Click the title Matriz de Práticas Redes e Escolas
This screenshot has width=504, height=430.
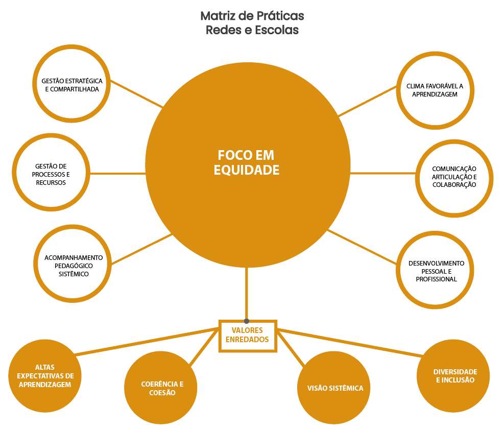point(252,23)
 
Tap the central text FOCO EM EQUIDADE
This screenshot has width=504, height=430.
point(247,162)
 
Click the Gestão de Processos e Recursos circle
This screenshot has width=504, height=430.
point(51,174)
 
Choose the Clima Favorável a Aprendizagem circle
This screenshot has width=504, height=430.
point(435,90)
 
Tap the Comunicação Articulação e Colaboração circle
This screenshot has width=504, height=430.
point(454,177)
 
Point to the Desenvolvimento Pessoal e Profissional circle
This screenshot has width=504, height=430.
point(436,271)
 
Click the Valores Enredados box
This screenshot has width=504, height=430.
point(248,336)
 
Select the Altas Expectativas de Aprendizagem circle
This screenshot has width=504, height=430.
point(45,375)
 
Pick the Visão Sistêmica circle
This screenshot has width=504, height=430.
point(335,388)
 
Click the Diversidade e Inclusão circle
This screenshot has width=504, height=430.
point(454,376)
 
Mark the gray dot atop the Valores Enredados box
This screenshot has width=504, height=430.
point(247,321)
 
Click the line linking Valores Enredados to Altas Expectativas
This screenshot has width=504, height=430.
point(148,341)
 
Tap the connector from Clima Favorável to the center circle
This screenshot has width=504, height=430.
point(368,101)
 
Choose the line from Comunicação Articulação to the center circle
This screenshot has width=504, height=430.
point(383,174)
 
